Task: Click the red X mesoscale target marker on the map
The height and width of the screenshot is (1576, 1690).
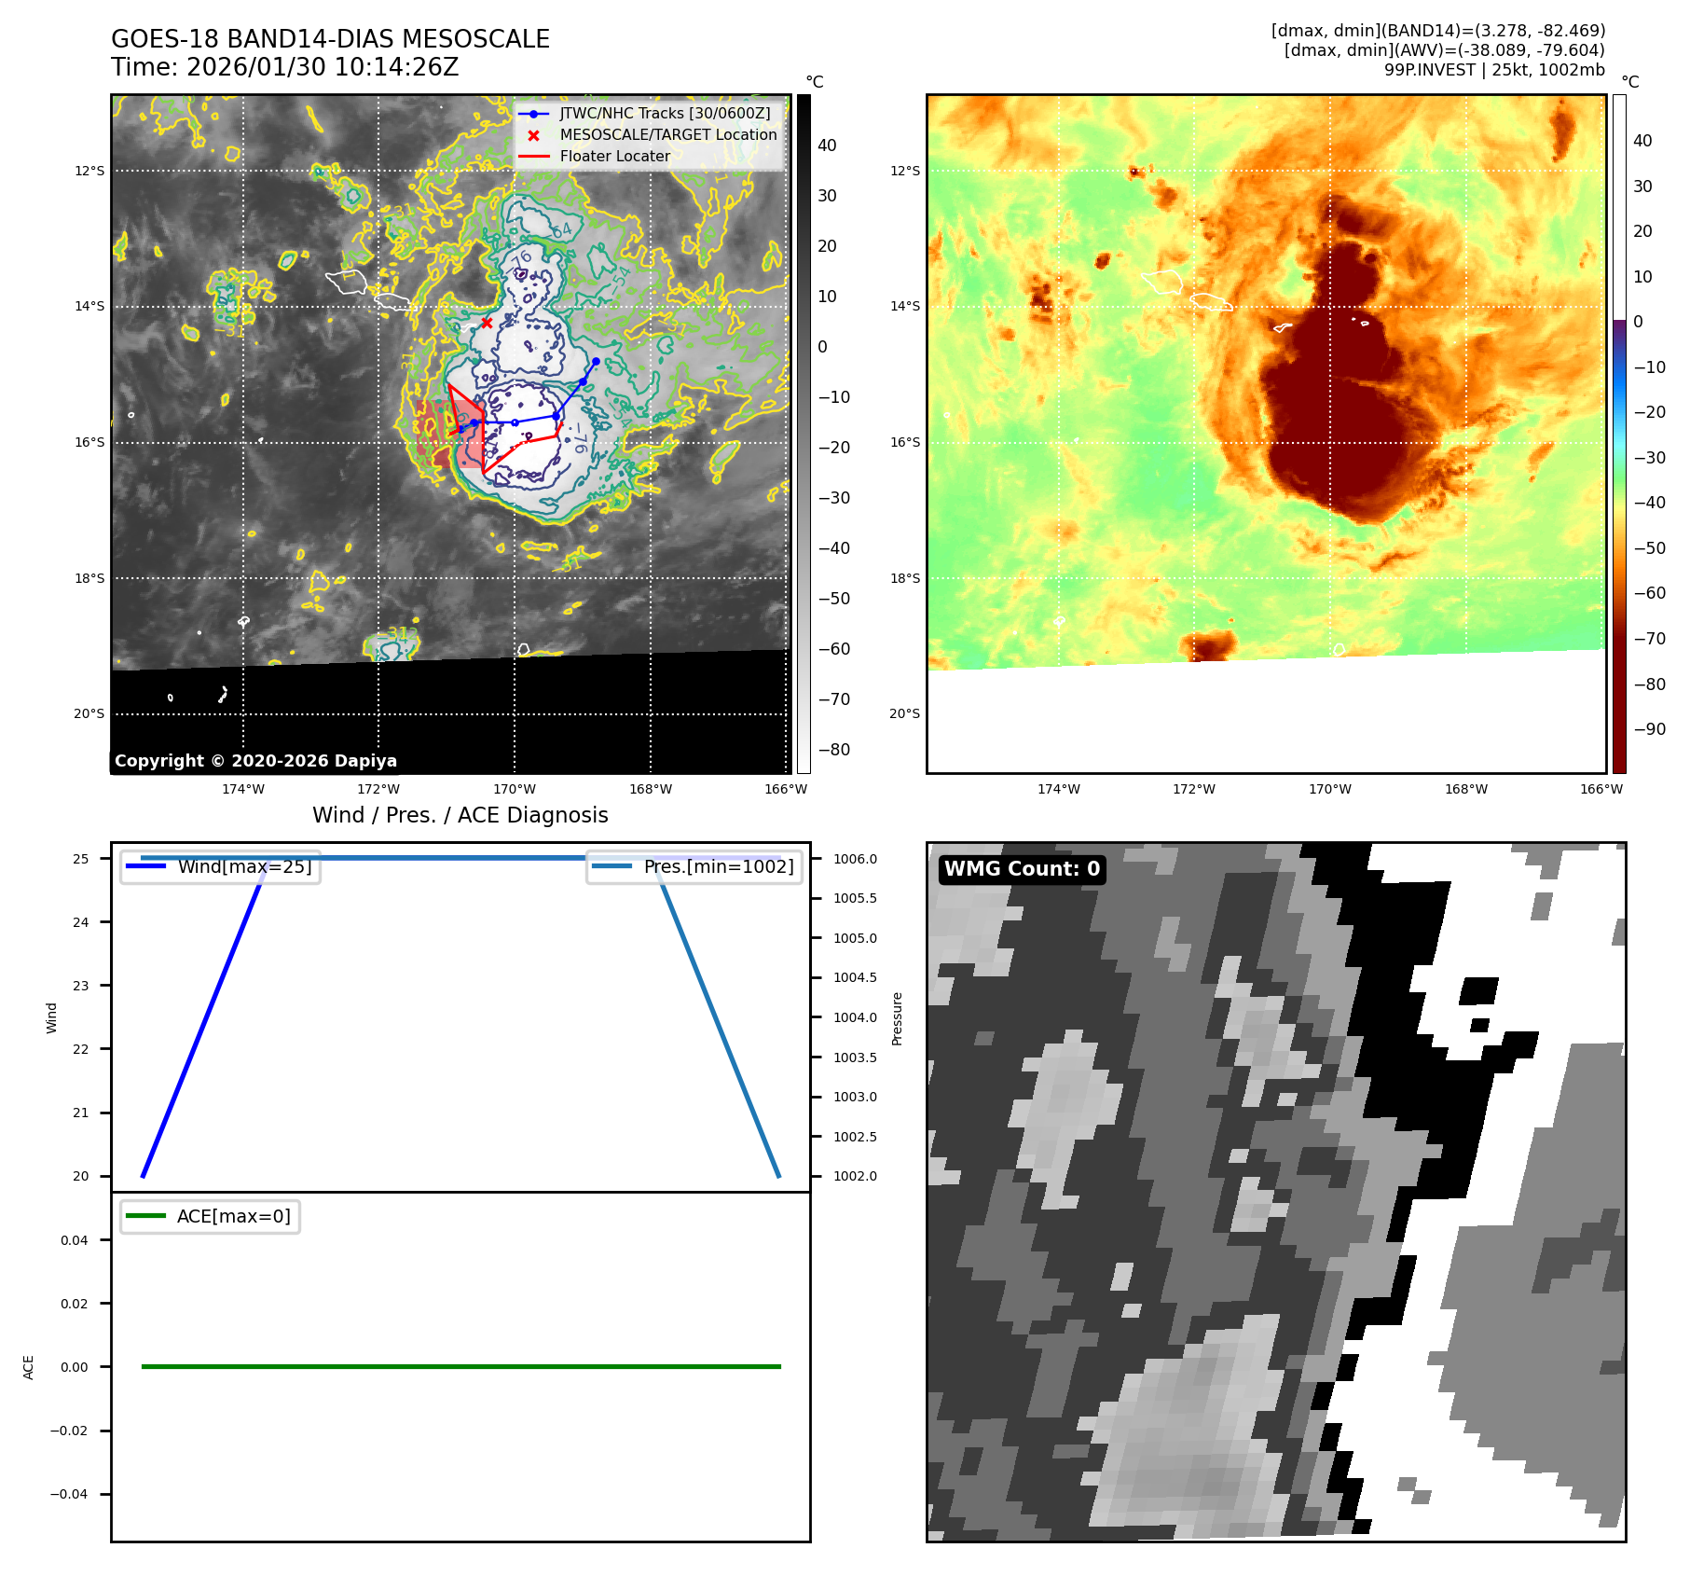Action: tap(487, 323)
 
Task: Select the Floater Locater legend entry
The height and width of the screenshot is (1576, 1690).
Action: tap(614, 157)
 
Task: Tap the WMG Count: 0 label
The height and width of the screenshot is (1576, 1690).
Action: tap(1022, 869)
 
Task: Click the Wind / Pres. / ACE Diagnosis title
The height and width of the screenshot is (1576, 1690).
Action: tap(460, 816)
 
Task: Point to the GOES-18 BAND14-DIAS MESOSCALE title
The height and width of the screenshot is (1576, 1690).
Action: tap(330, 39)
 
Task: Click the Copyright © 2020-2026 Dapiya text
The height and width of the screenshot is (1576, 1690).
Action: tap(255, 761)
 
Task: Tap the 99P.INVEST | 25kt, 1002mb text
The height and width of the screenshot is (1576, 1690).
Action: tap(1493, 70)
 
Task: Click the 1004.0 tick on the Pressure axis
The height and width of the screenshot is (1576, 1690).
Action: tap(855, 1018)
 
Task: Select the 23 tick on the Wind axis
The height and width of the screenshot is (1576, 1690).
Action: tap(81, 986)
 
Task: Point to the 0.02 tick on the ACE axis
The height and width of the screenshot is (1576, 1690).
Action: tap(74, 1304)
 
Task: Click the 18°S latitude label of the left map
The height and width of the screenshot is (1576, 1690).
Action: tap(89, 578)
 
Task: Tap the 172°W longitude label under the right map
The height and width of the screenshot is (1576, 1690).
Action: tap(1194, 790)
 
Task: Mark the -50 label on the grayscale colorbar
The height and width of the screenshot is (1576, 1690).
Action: tap(834, 599)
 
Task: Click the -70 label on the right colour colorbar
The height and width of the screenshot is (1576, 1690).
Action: tap(1649, 639)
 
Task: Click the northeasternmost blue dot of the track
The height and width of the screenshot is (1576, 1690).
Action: tap(596, 361)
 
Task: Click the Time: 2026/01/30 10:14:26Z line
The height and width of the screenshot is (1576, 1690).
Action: tap(284, 68)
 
